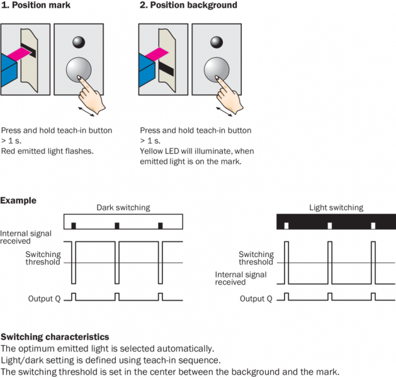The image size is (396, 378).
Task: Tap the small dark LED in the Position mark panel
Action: click(78, 42)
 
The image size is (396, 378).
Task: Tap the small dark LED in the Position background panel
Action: click(216, 42)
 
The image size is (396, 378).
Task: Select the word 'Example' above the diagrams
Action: click(18, 201)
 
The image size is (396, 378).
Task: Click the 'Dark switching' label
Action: click(123, 207)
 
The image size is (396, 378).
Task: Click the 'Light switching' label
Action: click(336, 207)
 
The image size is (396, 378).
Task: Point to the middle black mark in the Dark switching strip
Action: click(117, 225)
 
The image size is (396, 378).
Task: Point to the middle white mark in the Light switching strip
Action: click(330, 225)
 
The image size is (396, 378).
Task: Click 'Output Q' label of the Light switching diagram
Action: click(256, 299)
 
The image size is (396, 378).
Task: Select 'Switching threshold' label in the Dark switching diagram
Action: click(42, 258)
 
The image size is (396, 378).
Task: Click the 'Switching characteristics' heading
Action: click(55, 337)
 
